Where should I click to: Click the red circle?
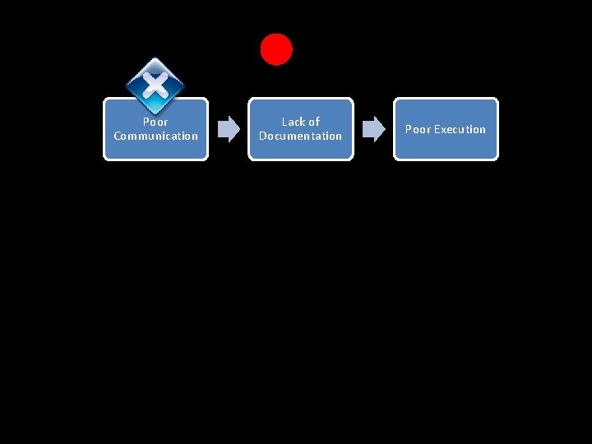point(276,49)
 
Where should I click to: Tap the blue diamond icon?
point(155,86)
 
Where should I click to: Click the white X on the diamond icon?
point(155,83)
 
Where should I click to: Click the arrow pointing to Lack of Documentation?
point(229,128)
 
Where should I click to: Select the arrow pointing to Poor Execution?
point(374,128)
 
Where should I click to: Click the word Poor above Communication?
point(155,122)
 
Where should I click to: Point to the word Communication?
point(155,136)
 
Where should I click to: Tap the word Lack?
point(290,122)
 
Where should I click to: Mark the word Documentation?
point(300,136)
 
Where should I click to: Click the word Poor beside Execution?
point(418,129)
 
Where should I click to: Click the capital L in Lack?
point(284,122)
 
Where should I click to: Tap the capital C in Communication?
point(118,136)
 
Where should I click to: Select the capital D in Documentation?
point(263,136)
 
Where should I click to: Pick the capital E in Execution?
point(437,129)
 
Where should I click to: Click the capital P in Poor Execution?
point(408,129)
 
